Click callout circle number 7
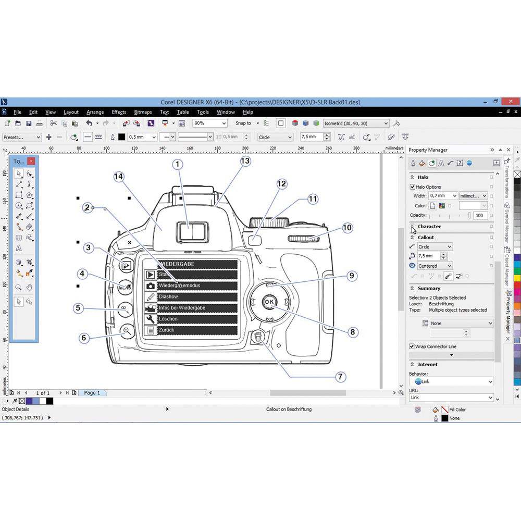pos(341,376)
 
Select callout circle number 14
pos(119,177)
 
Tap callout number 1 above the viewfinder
pos(178,165)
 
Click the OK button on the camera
pos(269,302)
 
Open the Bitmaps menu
pos(143,112)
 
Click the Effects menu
pos(119,112)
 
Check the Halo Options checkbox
pos(413,187)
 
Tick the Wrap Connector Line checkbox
pos(412,346)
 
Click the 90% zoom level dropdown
pos(210,123)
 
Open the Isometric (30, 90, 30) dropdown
pos(356,123)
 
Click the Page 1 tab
pos(92,393)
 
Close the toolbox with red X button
pos(31,161)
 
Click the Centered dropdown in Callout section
pos(435,266)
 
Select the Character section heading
pos(429,227)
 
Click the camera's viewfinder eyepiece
pos(189,231)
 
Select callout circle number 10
pos(347,228)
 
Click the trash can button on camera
pos(257,338)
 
